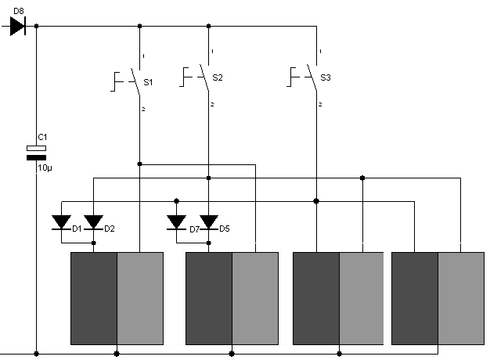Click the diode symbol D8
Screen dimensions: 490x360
click(17, 26)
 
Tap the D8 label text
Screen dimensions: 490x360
click(19, 11)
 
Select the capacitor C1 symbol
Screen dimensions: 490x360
click(36, 153)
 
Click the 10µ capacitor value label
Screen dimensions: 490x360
click(45, 167)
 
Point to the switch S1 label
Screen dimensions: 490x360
click(148, 82)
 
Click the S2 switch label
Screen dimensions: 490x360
click(218, 77)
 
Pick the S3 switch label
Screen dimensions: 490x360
click(326, 77)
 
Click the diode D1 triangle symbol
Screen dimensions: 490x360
click(61, 222)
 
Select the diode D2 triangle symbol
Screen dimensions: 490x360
click(93, 222)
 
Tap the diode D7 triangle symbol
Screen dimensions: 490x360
click(177, 222)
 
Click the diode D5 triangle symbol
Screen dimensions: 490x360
click(209, 222)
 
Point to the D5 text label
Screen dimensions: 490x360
click(225, 229)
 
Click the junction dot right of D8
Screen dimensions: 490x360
click(36, 26)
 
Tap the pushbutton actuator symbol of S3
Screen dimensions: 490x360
click(293, 77)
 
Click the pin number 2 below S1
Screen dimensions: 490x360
click(143, 109)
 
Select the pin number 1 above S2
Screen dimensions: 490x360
click(212, 51)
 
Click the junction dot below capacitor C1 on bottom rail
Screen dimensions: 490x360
click(36, 354)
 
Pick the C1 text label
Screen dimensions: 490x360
click(42, 137)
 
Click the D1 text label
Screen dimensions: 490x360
click(77, 229)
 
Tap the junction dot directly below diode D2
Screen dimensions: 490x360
click(93, 243)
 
